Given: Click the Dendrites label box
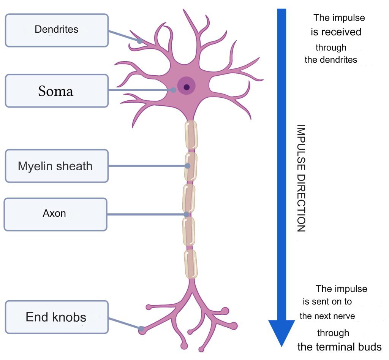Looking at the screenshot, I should [57, 30].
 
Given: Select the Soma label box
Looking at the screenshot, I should [57, 90].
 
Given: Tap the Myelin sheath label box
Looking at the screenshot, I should [57, 166].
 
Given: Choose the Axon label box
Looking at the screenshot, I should [55, 214].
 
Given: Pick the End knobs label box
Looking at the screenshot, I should [57, 317].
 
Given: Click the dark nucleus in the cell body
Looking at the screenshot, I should [187, 87].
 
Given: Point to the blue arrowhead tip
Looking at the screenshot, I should [281, 344].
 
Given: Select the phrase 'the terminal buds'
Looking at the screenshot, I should [339, 347].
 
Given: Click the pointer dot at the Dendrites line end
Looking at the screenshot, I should [140, 41].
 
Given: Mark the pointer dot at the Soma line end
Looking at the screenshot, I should [174, 90].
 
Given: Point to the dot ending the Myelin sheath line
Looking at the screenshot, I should [188, 166].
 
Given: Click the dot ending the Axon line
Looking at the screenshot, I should [186, 214].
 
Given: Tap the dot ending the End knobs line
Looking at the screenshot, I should [141, 328].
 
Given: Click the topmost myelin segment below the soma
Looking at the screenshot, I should [191, 135].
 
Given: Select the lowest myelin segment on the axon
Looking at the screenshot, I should [191, 263].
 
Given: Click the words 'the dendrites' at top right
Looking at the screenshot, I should [331, 60].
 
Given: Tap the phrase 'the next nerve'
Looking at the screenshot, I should [327, 316].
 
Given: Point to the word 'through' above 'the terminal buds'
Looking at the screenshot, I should [333, 333].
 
